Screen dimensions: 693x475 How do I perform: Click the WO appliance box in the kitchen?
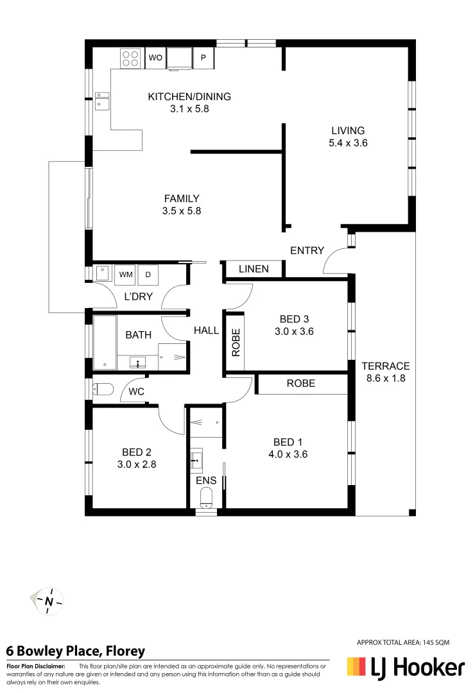tap(155, 58)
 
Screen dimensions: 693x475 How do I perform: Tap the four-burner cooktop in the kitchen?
tap(130, 58)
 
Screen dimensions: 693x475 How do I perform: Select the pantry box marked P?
tap(203, 58)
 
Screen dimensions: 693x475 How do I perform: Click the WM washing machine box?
tap(126, 275)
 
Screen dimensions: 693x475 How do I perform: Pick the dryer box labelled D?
tap(148, 275)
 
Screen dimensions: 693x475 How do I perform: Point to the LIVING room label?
tap(347, 130)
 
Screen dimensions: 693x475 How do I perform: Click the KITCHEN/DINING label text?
tap(189, 97)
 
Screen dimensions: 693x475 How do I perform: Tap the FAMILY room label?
tap(181, 198)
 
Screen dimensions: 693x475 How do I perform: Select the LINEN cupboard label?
tap(254, 269)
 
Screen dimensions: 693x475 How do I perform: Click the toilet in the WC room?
tap(103, 389)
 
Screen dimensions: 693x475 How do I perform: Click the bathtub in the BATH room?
tap(105, 342)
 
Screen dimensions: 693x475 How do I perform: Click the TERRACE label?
tap(385, 366)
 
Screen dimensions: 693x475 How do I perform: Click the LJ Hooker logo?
tap(405, 668)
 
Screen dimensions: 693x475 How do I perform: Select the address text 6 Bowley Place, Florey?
tap(76, 651)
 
